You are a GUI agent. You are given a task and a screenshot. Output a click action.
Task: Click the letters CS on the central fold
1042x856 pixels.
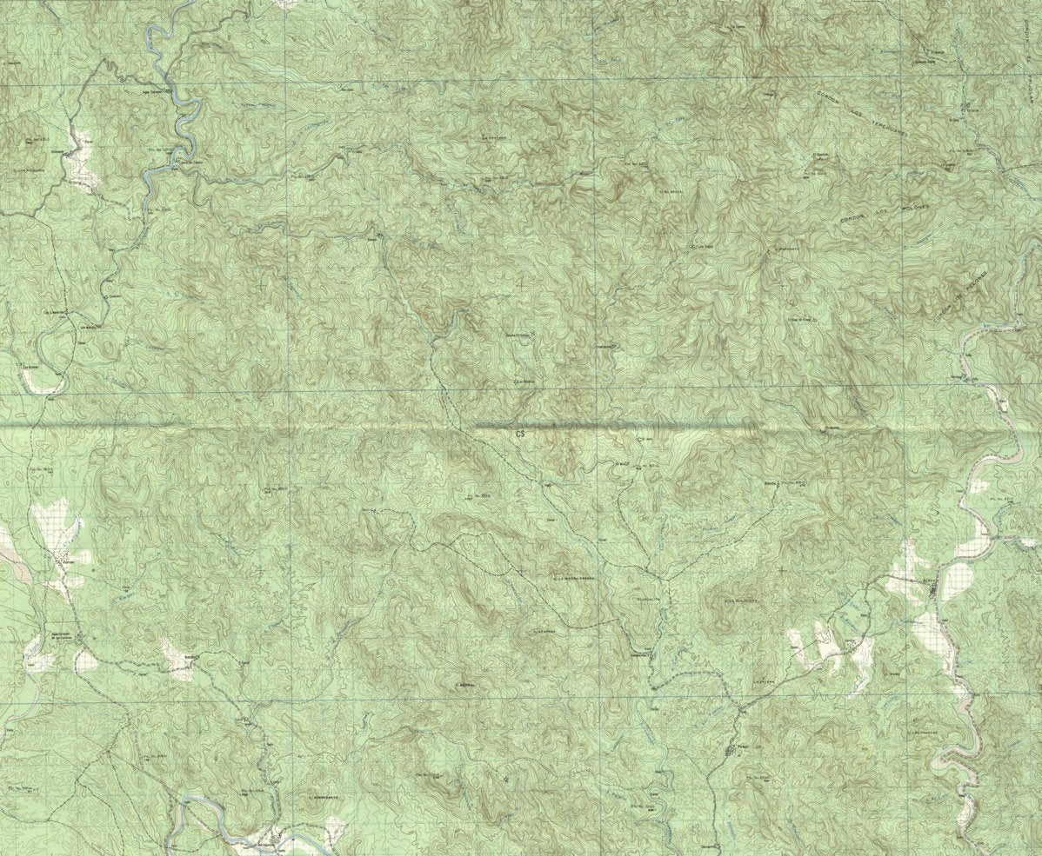click(521, 432)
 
